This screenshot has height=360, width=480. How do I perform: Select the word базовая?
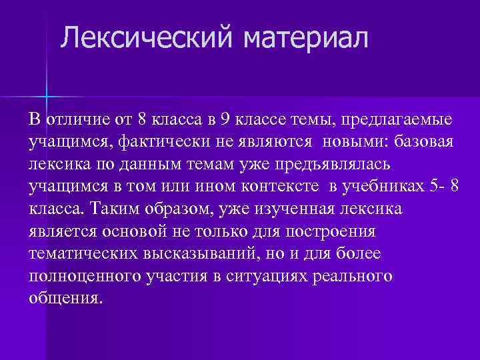coord(424,143)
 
